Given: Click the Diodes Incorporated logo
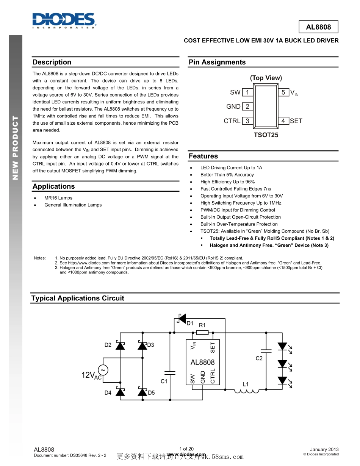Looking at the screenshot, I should (64, 20).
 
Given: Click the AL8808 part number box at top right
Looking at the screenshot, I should (318, 27).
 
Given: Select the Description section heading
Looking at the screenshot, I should (52, 63).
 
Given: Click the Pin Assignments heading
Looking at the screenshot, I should (217, 63).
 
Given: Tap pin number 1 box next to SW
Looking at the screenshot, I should (247, 92).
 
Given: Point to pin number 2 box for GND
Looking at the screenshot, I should (247, 106).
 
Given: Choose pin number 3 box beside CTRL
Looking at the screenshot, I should (247, 121).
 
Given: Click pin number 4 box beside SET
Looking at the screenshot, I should (283, 121).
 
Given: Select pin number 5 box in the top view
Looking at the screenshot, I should (283, 92).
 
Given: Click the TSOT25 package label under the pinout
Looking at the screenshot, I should (266, 135).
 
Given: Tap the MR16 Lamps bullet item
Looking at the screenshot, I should (58, 198).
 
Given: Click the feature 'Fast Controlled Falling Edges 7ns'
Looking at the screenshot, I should (236, 189).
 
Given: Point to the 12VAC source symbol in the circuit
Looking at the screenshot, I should (103, 370).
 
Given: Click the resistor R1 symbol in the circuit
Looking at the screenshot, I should (202, 333).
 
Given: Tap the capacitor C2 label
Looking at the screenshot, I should (259, 358).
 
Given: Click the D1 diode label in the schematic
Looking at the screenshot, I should (190, 323).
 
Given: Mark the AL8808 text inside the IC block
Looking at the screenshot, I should (202, 362).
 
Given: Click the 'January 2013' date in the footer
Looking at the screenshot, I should (324, 449).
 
